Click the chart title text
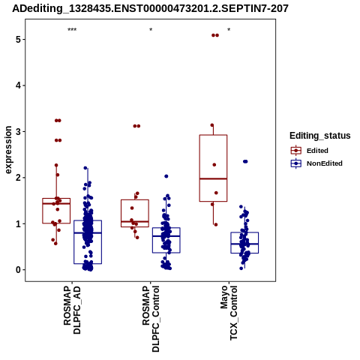coord(150,8)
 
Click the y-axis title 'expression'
coord(8,150)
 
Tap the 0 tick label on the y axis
coord(19,270)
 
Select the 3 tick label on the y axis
coord(19,131)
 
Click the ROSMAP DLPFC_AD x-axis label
coord(72,310)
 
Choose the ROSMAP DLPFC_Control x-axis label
coord(151,319)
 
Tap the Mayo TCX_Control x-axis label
coord(229,313)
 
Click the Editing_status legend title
coord(320,136)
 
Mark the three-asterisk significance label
coord(72,30)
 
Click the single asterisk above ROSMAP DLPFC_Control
coord(151,29)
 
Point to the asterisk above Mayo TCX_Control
coord(229,29)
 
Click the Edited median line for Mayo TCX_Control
coord(213,178)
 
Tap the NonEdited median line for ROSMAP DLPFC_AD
coord(88,232)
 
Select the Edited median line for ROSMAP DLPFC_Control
coord(135,221)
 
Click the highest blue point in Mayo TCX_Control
coord(245,161)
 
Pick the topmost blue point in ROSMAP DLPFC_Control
coord(166,176)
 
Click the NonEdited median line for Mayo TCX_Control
coord(244,244)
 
